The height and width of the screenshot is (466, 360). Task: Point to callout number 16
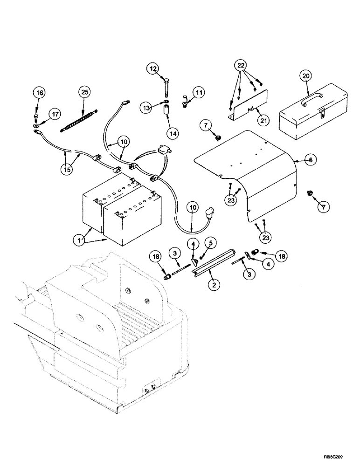pyautogui.click(x=40, y=93)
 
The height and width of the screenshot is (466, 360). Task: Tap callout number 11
pyautogui.click(x=199, y=94)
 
